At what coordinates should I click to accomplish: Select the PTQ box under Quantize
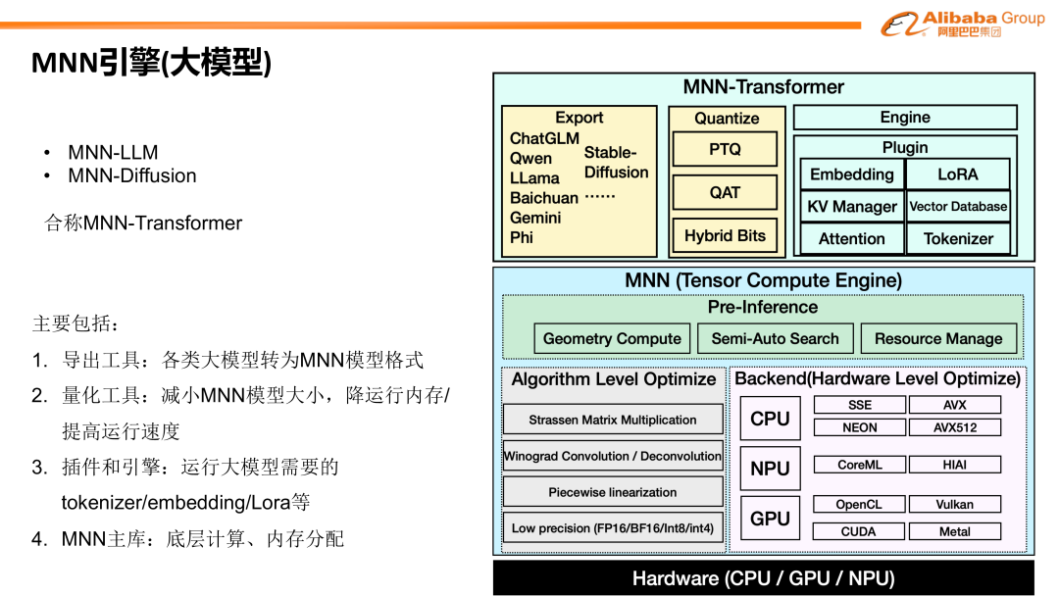click(x=725, y=150)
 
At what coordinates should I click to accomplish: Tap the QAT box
click(x=725, y=192)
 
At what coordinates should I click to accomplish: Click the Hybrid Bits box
click(x=725, y=235)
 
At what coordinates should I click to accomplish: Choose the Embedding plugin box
click(x=851, y=174)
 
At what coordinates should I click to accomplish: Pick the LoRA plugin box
click(x=957, y=174)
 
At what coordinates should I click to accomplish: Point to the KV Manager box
click(x=851, y=207)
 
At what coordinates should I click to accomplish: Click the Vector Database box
click(x=957, y=207)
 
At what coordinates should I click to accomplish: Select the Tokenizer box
click(x=957, y=238)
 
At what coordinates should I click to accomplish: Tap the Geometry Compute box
click(x=612, y=339)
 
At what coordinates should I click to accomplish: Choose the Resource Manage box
click(x=938, y=339)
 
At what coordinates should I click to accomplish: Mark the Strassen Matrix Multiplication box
click(x=613, y=420)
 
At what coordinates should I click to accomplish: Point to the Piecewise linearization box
click(x=613, y=492)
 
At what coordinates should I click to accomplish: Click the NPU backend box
click(x=770, y=469)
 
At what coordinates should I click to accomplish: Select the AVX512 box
click(x=954, y=427)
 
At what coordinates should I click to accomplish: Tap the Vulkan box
click(x=954, y=504)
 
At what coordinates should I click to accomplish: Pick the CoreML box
click(x=859, y=465)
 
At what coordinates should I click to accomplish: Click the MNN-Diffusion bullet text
click(x=131, y=176)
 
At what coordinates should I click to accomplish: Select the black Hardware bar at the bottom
click(x=763, y=578)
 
